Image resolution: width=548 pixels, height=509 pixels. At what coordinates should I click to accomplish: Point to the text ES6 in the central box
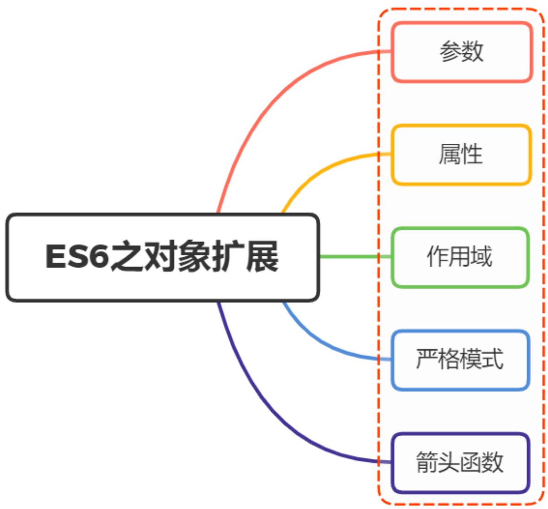click(x=77, y=256)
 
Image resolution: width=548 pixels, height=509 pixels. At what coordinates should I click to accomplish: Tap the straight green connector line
click(x=354, y=256)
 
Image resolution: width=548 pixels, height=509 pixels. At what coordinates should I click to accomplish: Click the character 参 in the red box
click(x=450, y=51)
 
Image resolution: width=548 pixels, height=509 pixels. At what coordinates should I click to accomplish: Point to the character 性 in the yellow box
click(x=472, y=154)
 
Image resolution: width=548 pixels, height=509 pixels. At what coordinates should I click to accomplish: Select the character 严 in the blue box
click(x=427, y=359)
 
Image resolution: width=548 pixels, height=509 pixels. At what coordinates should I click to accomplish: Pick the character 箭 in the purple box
click(x=427, y=462)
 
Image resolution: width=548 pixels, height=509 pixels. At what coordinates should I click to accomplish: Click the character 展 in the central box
click(x=262, y=256)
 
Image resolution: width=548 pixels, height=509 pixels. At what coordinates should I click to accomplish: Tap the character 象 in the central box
click(x=194, y=256)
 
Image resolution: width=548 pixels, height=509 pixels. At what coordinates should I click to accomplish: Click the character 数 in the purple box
click(x=493, y=462)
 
